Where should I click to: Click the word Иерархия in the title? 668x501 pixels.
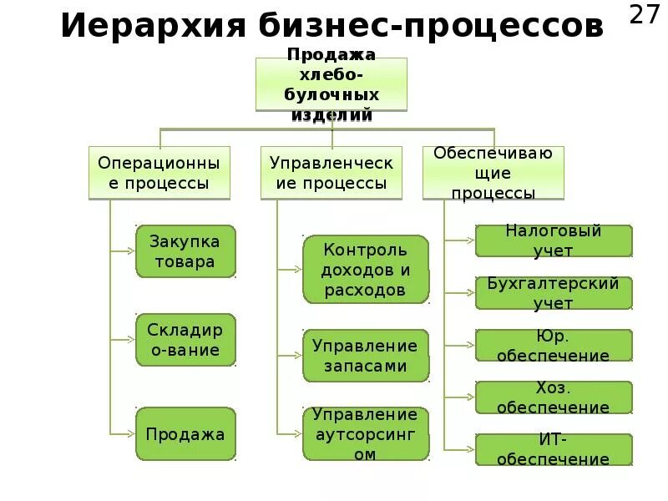pyautogui.click(x=150, y=26)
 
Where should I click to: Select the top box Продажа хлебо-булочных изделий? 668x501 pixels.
pyautogui.click(x=331, y=84)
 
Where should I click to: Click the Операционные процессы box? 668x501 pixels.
pyautogui.click(x=159, y=173)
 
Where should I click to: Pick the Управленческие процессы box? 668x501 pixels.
pyautogui.click(x=331, y=173)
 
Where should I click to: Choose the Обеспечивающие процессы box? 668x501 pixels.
pyautogui.click(x=493, y=173)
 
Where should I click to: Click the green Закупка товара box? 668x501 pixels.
pyautogui.click(x=185, y=251)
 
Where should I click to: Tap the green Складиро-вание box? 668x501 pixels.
pyautogui.click(x=185, y=340)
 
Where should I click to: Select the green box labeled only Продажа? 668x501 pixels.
pyautogui.click(x=185, y=434)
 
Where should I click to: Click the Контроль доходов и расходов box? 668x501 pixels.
pyautogui.click(x=365, y=269)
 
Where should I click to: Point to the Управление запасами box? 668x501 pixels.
pyautogui.click(x=365, y=355)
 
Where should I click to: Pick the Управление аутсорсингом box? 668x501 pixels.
pyautogui.click(x=365, y=434)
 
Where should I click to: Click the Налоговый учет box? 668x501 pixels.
pyautogui.click(x=554, y=240)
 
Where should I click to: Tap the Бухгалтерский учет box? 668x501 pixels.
pyautogui.click(x=554, y=292)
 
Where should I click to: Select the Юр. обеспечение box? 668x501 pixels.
pyautogui.click(x=554, y=345)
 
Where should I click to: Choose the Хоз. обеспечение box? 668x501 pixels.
pyautogui.click(x=554, y=397)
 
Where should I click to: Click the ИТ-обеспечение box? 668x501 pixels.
pyautogui.click(x=554, y=449)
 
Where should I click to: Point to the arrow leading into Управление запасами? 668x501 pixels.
pyautogui.click(x=290, y=355)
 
